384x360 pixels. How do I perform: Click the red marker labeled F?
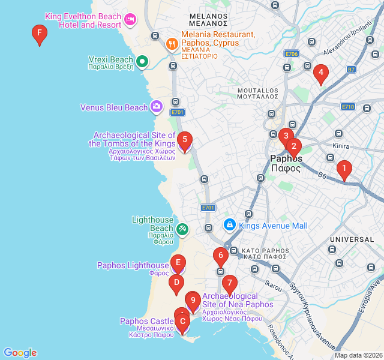pyautogui.click(x=39, y=35)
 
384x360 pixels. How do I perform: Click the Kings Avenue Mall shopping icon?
pyautogui.click(x=229, y=225)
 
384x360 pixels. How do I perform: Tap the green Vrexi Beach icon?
pyautogui.click(x=142, y=61)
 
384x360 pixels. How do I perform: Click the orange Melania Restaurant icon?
pyautogui.click(x=172, y=43)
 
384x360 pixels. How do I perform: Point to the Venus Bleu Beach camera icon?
pyautogui.click(x=156, y=107)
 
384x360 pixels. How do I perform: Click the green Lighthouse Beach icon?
pyautogui.click(x=182, y=229)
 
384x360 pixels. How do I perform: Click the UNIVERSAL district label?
pyautogui.click(x=352, y=239)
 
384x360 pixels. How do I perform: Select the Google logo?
pyautogui.click(x=20, y=353)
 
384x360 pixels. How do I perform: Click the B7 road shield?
pyautogui.click(x=352, y=70)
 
